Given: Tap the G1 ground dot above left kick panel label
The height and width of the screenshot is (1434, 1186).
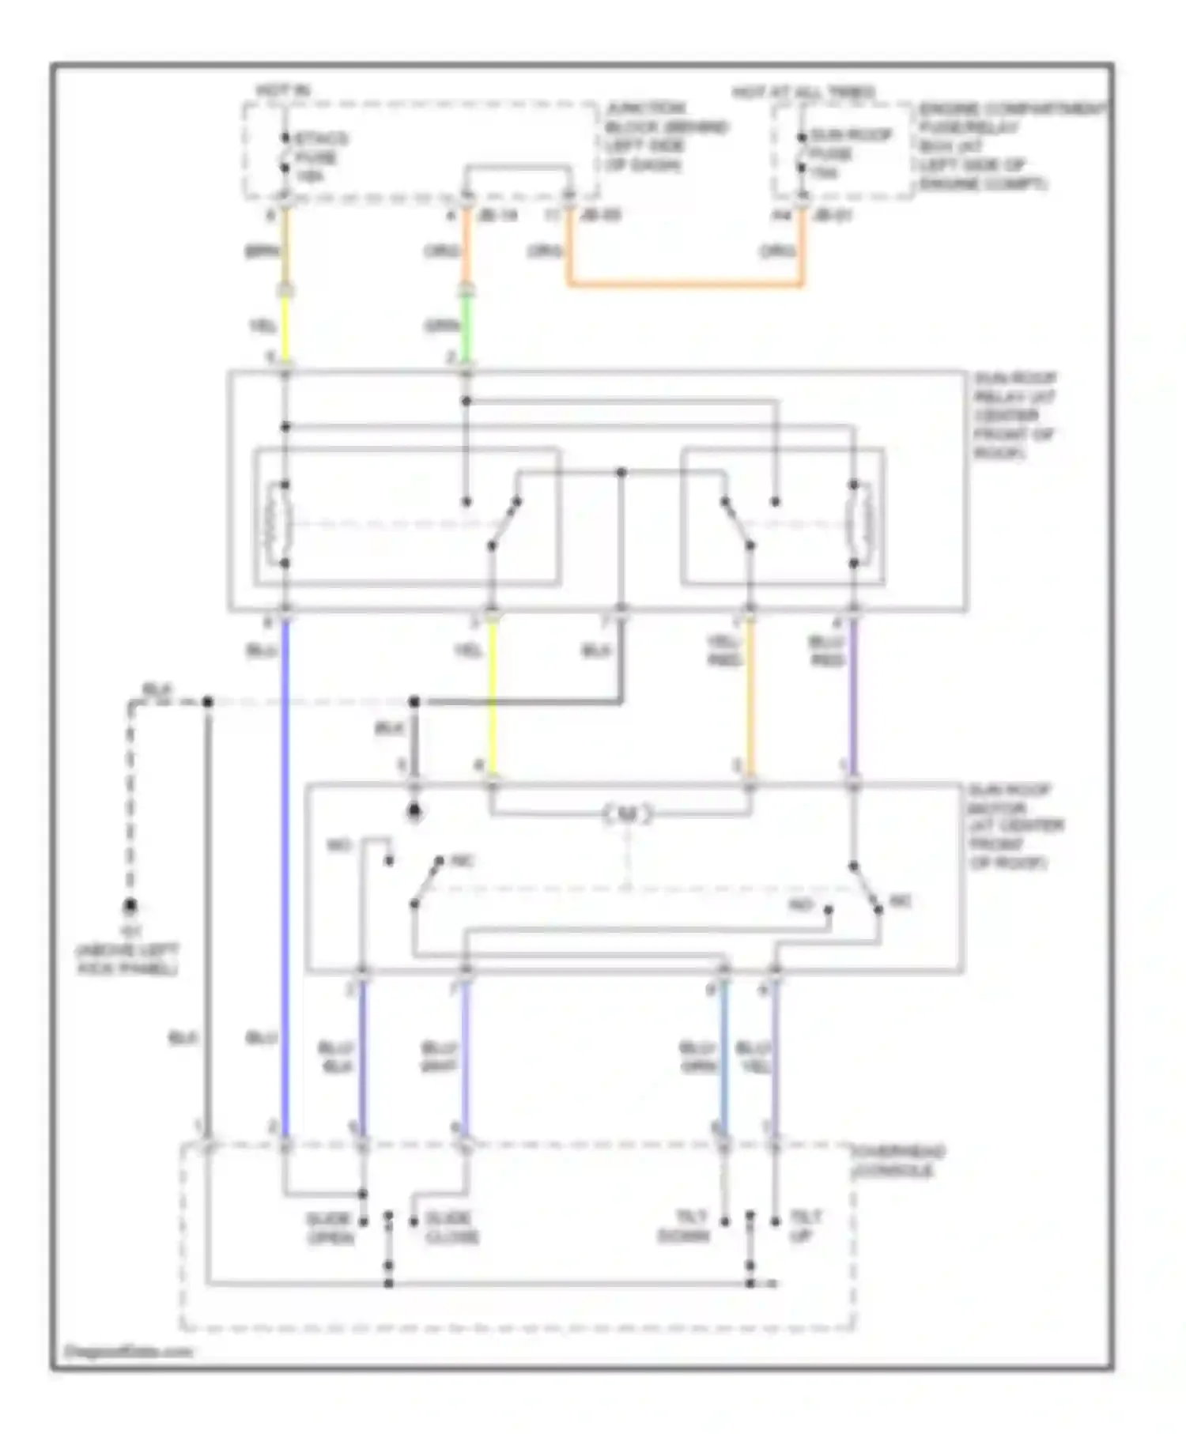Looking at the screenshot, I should pos(130,906).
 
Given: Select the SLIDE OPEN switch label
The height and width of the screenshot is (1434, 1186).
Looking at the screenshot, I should pos(330,1228).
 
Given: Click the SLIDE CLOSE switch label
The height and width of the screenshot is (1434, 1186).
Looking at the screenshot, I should pos(451,1228).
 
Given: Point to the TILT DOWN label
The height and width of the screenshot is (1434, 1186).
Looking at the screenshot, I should pos(685,1226).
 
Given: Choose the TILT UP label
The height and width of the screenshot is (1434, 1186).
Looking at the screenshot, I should pos(806,1225).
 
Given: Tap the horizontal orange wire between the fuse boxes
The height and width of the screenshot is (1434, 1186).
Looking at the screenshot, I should pos(685,283).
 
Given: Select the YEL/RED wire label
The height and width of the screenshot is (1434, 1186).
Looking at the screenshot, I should pos(723,651).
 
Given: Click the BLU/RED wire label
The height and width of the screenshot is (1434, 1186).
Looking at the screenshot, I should pos(827,651).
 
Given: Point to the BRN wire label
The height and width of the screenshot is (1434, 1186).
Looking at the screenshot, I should pos(261,251).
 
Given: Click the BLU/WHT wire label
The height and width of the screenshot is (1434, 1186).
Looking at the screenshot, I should pos(439,1057).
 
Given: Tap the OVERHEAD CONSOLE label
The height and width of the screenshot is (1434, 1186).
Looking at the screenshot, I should pos(897,1161).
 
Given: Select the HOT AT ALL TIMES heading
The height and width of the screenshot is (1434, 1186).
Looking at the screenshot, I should pos(803,92).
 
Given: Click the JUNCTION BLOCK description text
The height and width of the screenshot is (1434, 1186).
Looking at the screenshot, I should pos(667,136).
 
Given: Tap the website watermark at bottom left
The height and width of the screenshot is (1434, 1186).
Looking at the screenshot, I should pos(127,1351).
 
